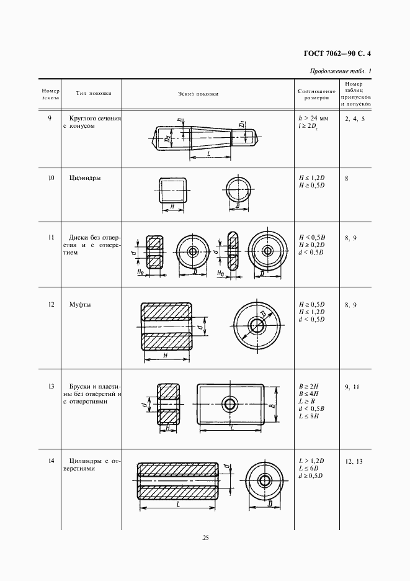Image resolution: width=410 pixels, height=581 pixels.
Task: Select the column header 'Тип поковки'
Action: pos(94,94)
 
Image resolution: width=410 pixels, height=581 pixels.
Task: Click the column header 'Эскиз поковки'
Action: pos(198,94)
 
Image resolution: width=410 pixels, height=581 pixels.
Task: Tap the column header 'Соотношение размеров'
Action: pos(316,94)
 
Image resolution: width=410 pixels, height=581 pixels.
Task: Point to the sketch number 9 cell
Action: pos(49,117)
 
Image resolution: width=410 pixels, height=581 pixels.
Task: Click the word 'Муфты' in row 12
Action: pos(79,305)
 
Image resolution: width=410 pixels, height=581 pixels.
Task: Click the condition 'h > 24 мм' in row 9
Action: pos(313,118)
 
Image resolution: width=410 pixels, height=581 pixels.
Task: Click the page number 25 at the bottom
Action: pos(205,538)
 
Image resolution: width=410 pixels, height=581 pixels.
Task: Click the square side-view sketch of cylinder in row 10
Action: pos(172,189)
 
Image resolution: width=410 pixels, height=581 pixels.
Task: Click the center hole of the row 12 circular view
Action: pos(256,325)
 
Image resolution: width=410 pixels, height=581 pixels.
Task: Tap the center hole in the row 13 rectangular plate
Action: pos(230,405)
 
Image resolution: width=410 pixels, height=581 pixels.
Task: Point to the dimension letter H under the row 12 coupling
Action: pos(166,356)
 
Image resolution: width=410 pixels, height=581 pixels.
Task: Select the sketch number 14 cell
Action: pos(50,461)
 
